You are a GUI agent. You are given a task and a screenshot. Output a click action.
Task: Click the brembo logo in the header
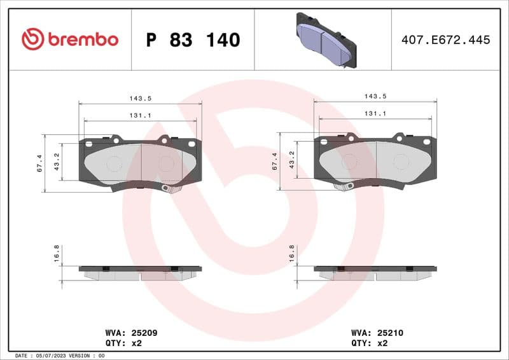point(70,39)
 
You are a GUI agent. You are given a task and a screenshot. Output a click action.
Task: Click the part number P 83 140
point(193,40)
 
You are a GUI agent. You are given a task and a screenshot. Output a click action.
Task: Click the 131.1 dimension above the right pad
point(375,113)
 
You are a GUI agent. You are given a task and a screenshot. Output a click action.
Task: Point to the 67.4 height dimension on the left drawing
point(39,163)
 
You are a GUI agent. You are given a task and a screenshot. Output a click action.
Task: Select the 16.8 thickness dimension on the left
point(57,253)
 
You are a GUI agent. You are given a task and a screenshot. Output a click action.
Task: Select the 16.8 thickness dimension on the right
point(292,253)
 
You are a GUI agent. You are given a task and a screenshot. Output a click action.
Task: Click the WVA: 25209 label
point(131,333)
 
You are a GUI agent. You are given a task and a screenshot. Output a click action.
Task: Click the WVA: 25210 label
point(377,333)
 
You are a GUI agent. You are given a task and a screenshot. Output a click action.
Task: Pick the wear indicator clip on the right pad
point(344,186)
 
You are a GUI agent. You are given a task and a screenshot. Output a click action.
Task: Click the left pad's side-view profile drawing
point(140,273)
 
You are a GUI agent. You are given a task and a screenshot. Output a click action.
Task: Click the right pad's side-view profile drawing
point(375,273)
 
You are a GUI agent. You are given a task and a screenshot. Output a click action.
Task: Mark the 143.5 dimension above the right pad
point(375,96)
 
